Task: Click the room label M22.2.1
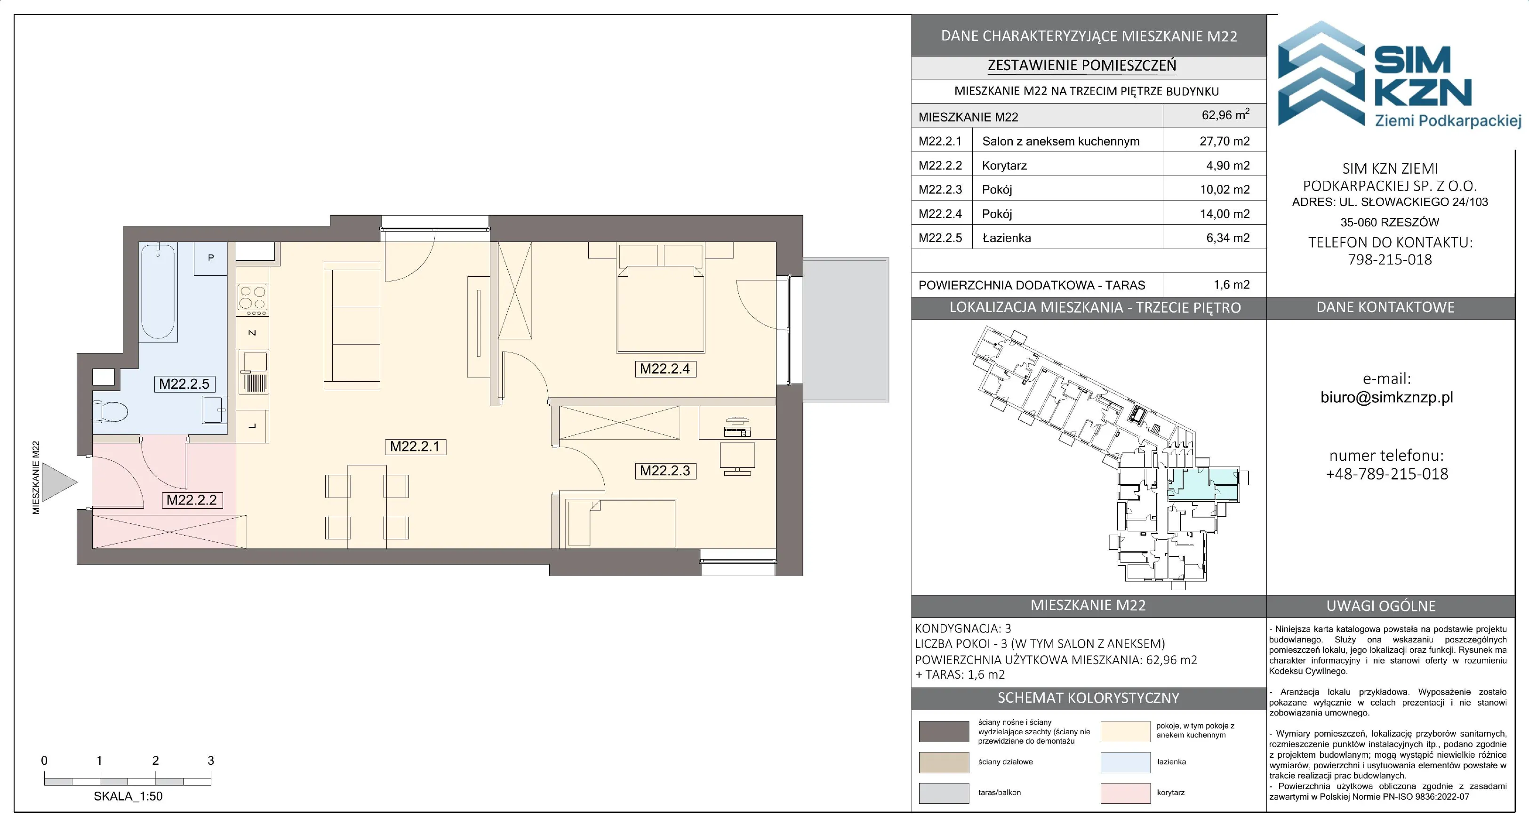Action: pyautogui.click(x=415, y=447)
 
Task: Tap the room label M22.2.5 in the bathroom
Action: pyautogui.click(x=184, y=384)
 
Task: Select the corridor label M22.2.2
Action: pyautogui.click(x=192, y=500)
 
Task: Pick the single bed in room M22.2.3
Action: pyautogui.click(x=622, y=523)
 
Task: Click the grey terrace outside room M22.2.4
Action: pyautogui.click(x=845, y=330)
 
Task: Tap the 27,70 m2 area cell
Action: pyautogui.click(x=1225, y=141)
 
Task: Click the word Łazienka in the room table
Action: pyautogui.click(x=1007, y=238)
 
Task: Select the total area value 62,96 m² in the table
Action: pyautogui.click(x=1225, y=115)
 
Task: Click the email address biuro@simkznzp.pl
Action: pyautogui.click(x=1386, y=397)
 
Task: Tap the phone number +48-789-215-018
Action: pyautogui.click(x=1387, y=474)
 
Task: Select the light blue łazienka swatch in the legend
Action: pyautogui.click(x=1125, y=762)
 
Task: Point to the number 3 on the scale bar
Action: pyautogui.click(x=211, y=760)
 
